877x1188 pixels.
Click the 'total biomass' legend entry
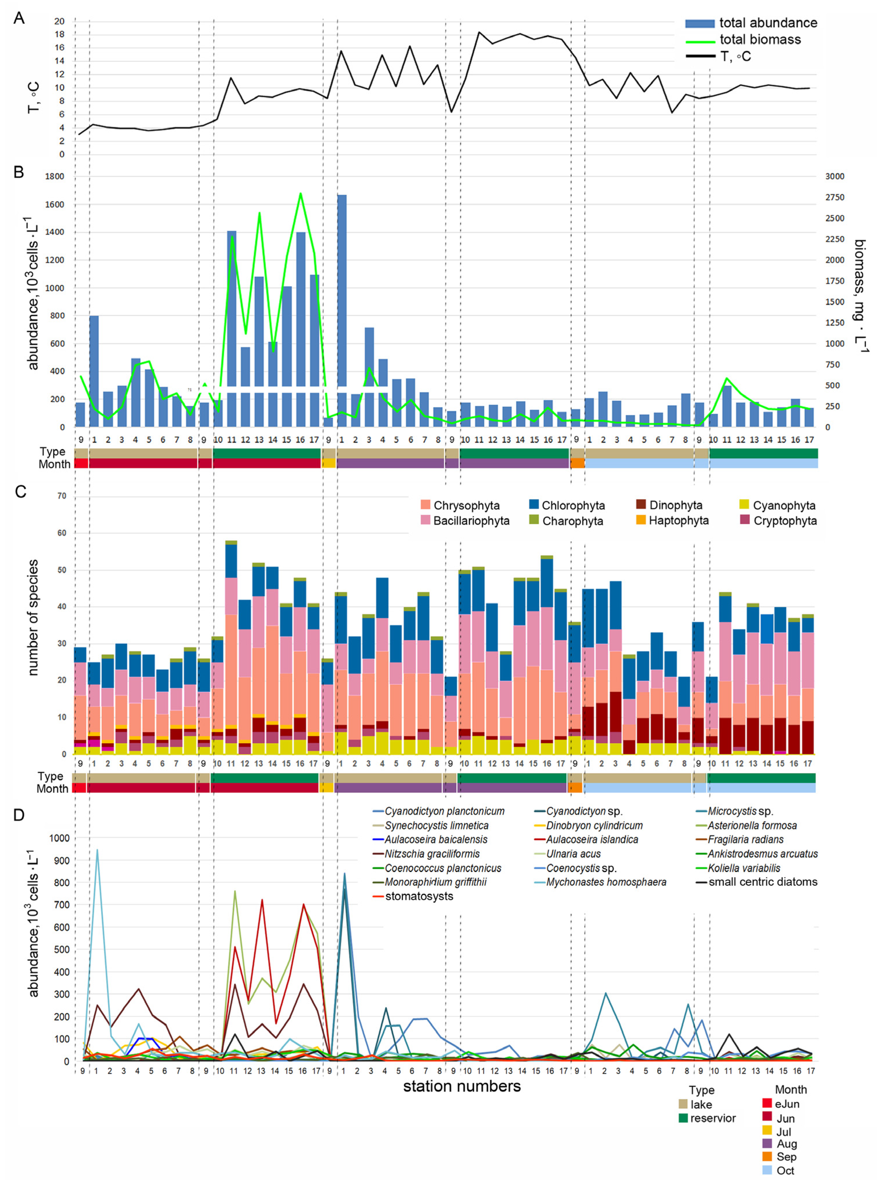[x=760, y=39]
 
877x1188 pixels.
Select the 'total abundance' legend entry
[x=768, y=23]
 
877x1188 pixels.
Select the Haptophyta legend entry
[x=679, y=520]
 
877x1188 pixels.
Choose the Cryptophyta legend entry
[x=785, y=520]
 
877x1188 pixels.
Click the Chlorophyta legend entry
[x=573, y=505]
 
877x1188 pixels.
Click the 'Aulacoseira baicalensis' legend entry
[x=436, y=839]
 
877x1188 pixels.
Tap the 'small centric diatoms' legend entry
[x=763, y=882]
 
